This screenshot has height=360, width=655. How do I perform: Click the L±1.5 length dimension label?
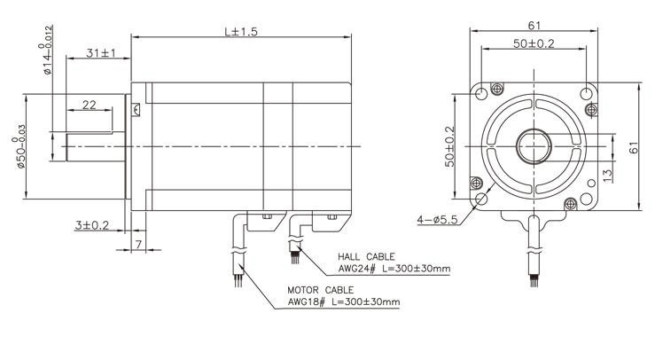tap(241, 31)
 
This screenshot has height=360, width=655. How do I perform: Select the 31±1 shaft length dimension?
tap(101, 53)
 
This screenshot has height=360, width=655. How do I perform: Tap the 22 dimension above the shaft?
tap(89, 105)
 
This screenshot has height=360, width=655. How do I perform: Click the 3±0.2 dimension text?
tap(92, 225)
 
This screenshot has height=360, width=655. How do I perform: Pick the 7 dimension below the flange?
tap(138, 244)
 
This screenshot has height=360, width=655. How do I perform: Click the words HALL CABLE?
tap(366, 257)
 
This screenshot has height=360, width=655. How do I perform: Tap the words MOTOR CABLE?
tap(320, 290)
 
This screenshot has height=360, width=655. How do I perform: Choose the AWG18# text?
tap(306, 301)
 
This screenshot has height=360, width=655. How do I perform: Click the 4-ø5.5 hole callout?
tap(437, 219)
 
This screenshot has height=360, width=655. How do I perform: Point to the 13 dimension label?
tap(608, 176)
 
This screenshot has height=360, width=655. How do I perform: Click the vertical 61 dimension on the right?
tap(634, 147)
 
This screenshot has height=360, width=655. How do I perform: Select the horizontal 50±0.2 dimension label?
tap(534, 43)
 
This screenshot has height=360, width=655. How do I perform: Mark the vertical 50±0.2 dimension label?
tap(449, 147)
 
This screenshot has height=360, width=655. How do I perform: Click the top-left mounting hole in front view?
tap(481, 94)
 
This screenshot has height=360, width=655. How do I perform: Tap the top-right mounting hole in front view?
tap(587, 94)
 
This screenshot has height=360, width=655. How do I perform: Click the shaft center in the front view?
tap(534, 146)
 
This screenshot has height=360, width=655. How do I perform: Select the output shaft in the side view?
tap(95, 146)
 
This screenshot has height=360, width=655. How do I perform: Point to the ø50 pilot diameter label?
tap(19, 146)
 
